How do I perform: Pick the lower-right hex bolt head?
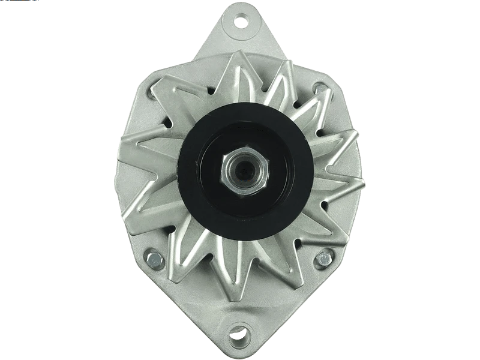tap(325, 259)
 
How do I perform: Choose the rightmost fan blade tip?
tap(364, 180)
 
